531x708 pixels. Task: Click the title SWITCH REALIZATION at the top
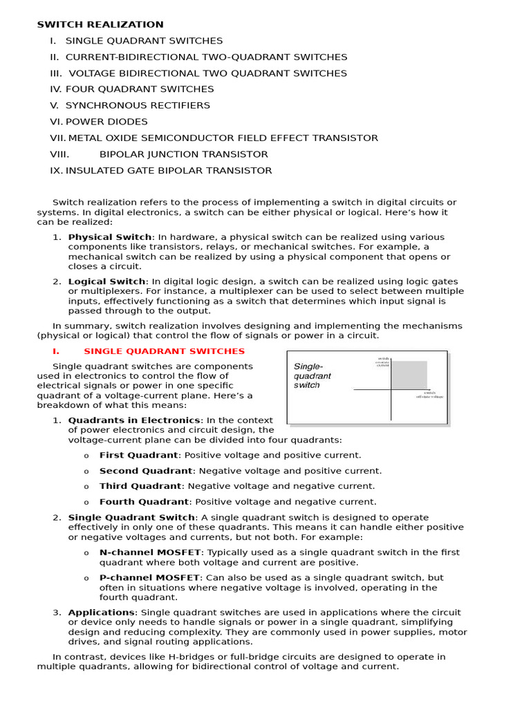100,25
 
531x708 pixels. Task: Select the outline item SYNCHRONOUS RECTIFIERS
138,106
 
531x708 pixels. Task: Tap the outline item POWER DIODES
106,122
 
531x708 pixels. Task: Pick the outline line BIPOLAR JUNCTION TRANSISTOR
183,154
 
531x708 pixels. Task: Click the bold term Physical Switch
109,237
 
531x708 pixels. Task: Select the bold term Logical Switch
106,281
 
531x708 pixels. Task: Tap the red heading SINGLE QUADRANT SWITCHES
164,351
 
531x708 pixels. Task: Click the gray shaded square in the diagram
409,375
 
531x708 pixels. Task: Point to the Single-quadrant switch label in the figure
313,375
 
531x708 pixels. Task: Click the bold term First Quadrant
139,455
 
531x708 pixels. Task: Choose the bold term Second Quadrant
145,471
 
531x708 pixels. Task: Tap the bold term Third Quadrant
140,486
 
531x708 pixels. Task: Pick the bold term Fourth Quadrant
144,502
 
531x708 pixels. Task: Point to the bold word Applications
101,613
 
